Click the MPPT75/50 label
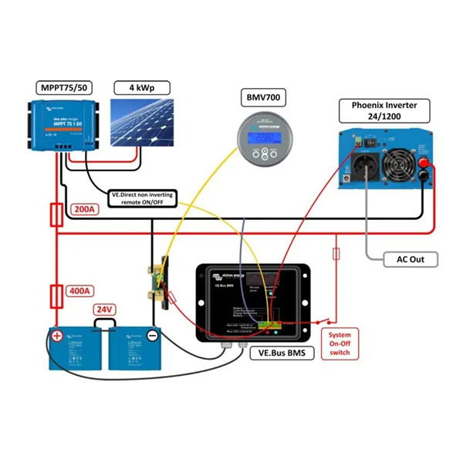coord(64,86)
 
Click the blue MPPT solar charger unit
coord(65,123)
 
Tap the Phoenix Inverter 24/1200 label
coord(382,111)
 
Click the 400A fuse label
coord(81,291)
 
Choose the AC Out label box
coord(406,259)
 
